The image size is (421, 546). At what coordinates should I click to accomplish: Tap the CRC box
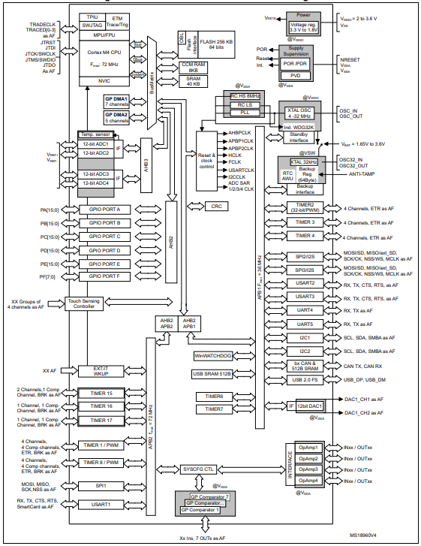[x=216, y=206]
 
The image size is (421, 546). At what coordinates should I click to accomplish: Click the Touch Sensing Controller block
[x=92, y=305]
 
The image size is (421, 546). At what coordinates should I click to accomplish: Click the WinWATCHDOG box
[x=215, y=355]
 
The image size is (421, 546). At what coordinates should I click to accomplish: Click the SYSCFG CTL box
[x=198, y=468]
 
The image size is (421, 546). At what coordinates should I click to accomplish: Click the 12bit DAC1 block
[x=311, y=406]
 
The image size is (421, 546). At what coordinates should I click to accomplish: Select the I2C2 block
[x=305, y=351]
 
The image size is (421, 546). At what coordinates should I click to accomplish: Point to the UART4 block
[x=305, y=310]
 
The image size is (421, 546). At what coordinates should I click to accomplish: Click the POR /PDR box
[x=296, y=64]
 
